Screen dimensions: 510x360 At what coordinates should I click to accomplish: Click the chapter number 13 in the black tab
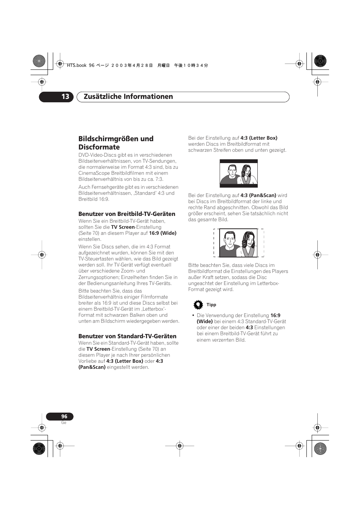(65, 97)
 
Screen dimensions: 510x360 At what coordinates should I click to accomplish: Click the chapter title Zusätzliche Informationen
(128, 97)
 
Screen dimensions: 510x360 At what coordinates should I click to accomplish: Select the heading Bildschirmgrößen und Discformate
(116, 143)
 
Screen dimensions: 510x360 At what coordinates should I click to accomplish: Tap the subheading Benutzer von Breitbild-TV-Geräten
(127, 214)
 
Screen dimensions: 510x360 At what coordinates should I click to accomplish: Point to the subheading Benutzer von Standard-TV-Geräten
(127, 336)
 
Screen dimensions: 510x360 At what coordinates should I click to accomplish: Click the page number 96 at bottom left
(64, 416)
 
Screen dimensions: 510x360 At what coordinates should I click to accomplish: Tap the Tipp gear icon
(198, 305)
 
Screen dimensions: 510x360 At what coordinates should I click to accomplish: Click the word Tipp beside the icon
(211, 305)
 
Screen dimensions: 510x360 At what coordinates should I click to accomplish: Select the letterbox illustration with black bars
(238, 173)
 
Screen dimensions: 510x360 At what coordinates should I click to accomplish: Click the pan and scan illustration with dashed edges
(238, 243)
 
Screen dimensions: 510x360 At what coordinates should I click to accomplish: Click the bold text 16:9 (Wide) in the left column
(163, 233)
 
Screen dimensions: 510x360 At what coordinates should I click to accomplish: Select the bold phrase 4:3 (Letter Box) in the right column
(259, 138)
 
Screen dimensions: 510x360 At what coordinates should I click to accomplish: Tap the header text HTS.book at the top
(77, 65)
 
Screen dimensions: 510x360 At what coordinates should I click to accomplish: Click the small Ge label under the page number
(64, 422)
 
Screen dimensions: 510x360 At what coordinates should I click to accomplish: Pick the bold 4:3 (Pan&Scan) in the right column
(258, 195)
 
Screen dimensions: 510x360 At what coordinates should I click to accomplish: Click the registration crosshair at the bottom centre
(180, 445)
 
